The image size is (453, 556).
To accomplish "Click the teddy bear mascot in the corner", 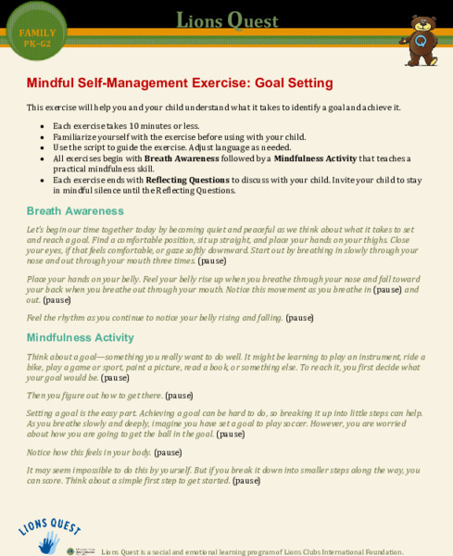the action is (420, 41).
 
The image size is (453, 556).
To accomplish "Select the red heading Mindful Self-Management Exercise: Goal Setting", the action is (173, 82).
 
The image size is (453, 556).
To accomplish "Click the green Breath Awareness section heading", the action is (76, 210).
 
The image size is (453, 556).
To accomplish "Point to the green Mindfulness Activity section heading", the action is (80, 337).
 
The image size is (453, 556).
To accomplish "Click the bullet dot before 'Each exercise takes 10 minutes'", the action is (42, 126).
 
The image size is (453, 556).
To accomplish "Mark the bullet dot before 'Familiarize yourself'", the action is (42, 137).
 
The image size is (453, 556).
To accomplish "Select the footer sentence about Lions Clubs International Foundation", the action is (252, 551).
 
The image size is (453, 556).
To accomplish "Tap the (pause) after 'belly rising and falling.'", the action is (299, 318).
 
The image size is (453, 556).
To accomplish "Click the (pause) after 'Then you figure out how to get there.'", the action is (179, 395).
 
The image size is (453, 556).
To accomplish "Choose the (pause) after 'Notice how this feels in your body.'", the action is (168, 452).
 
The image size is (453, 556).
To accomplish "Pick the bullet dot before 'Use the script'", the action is (42, 147).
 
